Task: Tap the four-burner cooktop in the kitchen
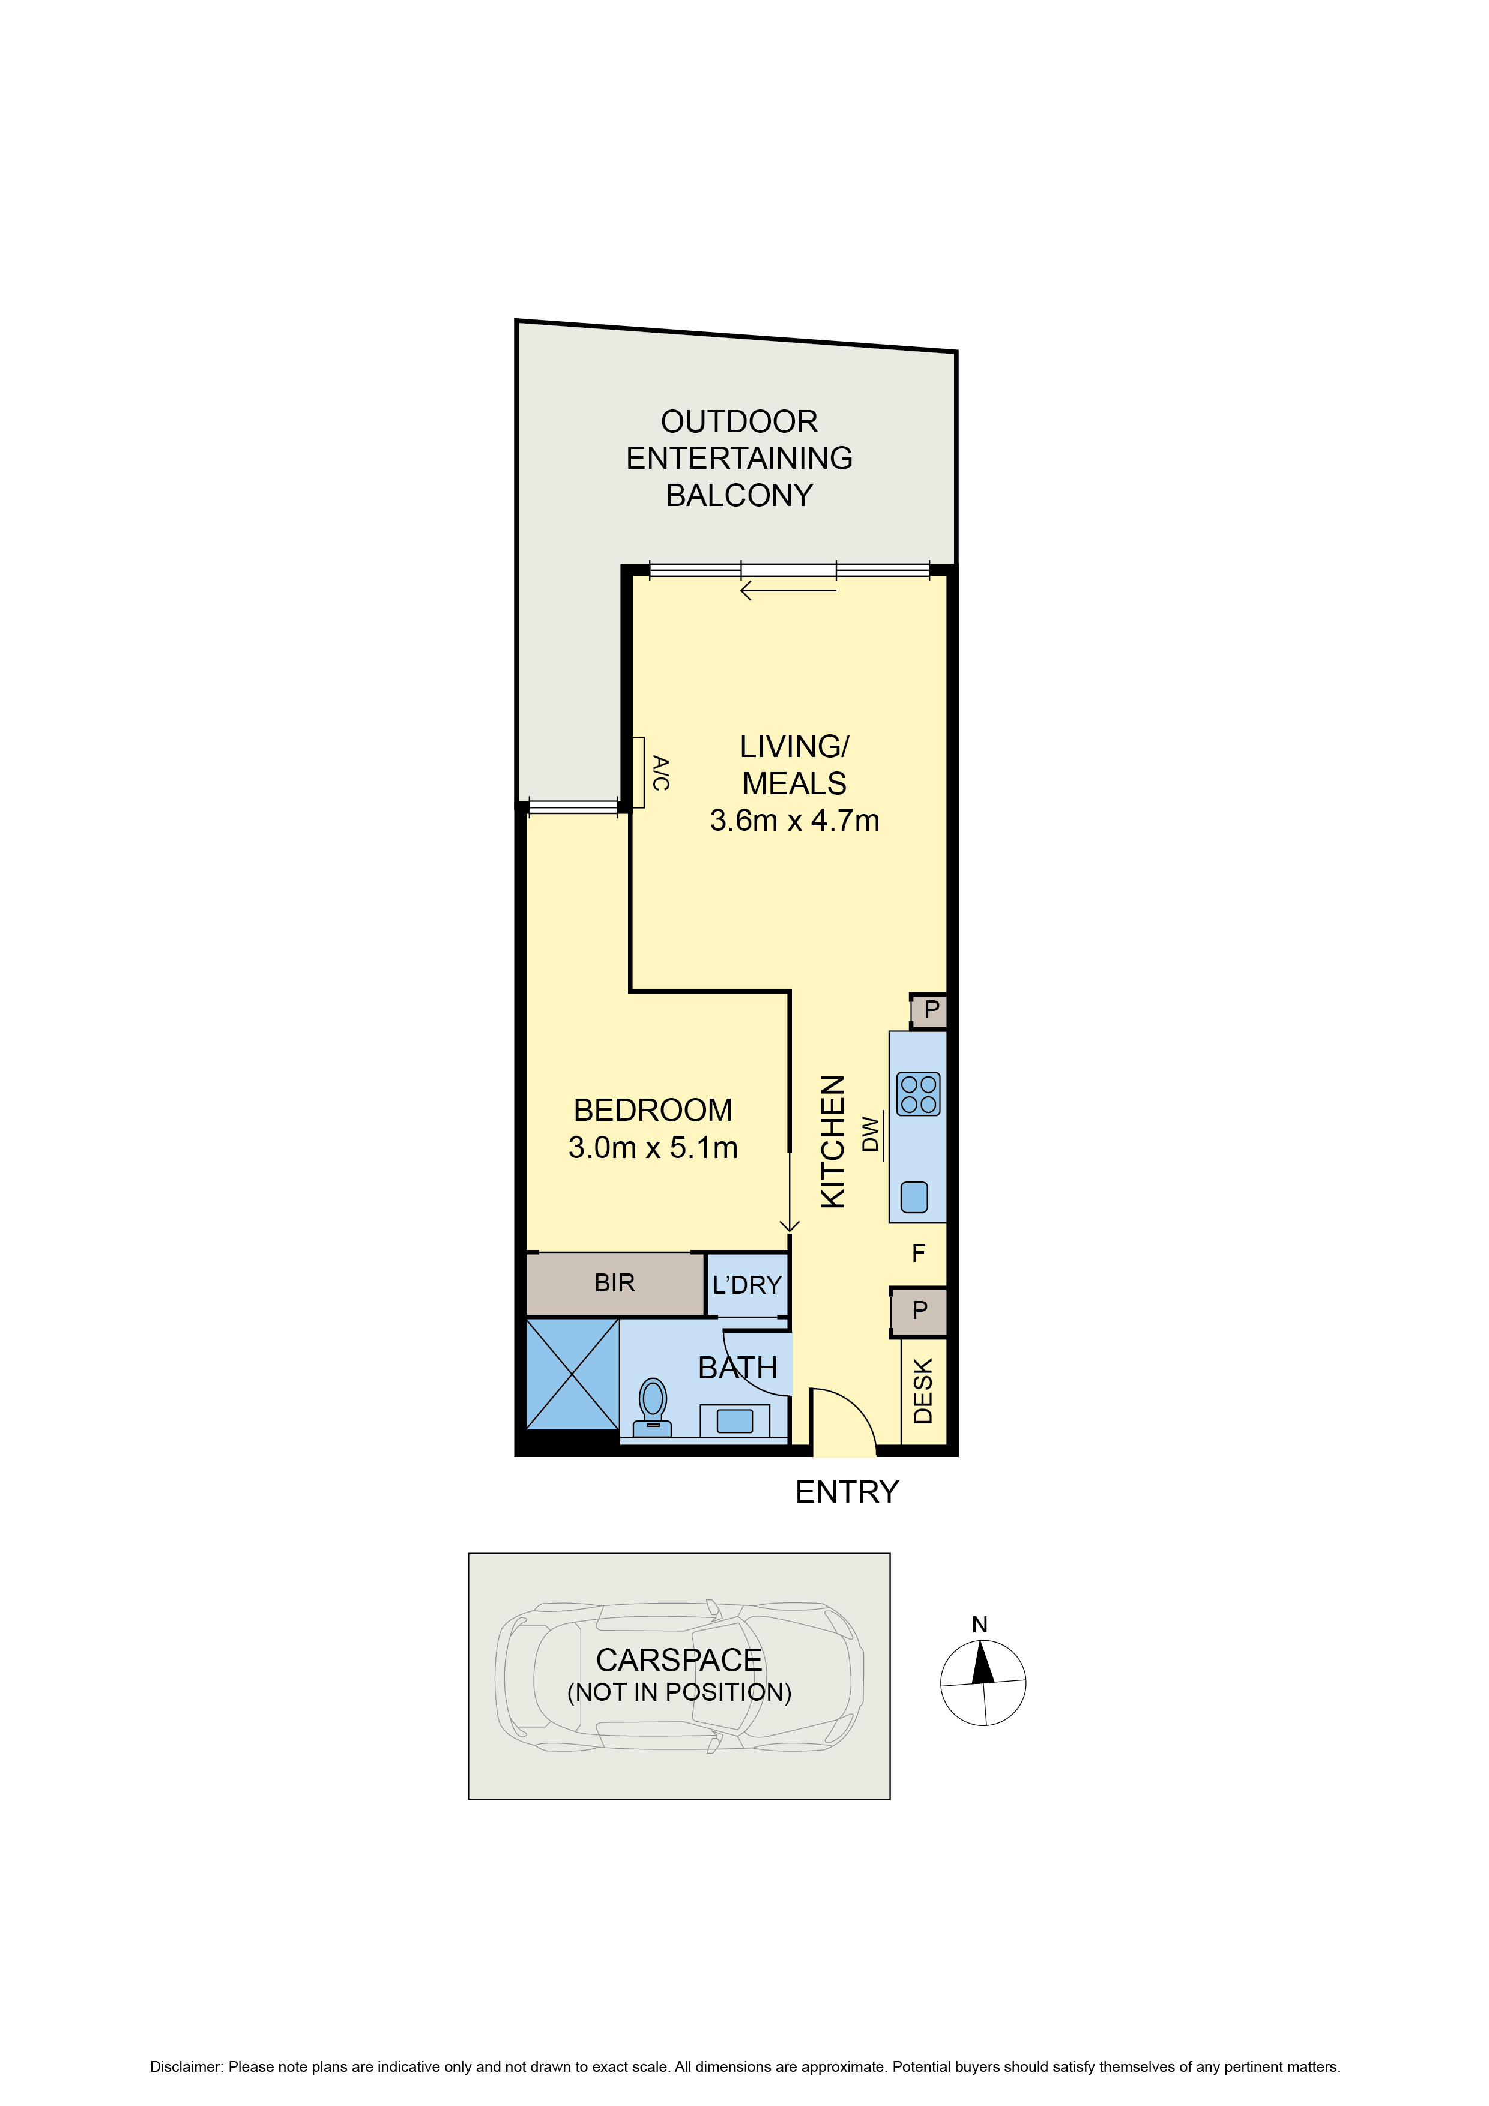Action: [919, 1094]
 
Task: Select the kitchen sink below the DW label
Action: [914, 1197]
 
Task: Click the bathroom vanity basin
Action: [734, 1421]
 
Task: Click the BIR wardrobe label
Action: [614, 1282]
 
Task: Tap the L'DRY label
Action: [747, 1285]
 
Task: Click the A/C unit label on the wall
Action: [660, 773]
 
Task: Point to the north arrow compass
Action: [983, 1683]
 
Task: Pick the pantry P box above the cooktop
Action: [930, 1010]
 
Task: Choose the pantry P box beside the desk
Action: [919, 1311]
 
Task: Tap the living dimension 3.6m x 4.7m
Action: [794, 820]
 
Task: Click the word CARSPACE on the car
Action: [679, 1660]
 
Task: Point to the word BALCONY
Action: [740, 495]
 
